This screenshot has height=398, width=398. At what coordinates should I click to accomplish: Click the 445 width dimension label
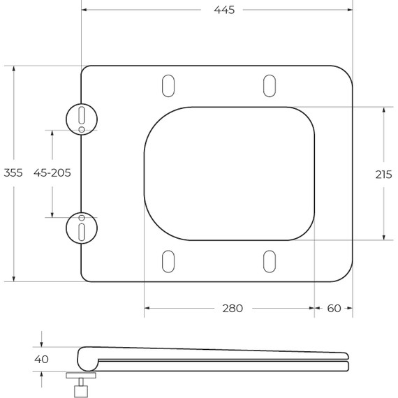click(x=224, y=10)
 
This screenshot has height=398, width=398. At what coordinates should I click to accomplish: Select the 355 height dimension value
click(x=14, y=173)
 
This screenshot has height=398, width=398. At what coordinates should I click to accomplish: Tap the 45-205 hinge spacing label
click(x=52, y=173)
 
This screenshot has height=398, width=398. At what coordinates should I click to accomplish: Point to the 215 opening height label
click(x=383, y=175)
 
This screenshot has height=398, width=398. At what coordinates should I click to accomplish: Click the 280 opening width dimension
click(x=233, y=308)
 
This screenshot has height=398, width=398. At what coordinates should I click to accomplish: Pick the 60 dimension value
click(x=334, y=308)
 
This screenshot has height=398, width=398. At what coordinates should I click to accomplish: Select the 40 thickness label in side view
click(x=41, y=360)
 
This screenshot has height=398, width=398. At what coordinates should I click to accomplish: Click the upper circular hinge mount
click(x=82, y=118)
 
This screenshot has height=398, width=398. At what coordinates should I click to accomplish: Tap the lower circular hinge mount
click(x=82, y=228)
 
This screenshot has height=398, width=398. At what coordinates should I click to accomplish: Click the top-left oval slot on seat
click(x=168, y=85)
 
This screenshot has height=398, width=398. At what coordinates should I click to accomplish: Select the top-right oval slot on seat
click(x=269, y=85)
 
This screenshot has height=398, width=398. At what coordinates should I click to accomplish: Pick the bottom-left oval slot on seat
click(x=168, y=261)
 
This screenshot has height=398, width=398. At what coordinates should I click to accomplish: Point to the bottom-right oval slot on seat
click(x=269, y=261)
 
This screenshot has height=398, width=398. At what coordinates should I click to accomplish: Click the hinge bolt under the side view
click(x=81, y=385)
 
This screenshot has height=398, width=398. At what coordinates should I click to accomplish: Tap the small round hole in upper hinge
click(x=82, y=130)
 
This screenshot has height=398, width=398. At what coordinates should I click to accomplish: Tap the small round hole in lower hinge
click(x=82, y=216)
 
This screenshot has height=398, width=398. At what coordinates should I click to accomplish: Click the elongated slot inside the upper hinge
click(x=82, y=115)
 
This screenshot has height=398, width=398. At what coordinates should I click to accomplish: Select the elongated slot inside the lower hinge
click(x=82, y=231)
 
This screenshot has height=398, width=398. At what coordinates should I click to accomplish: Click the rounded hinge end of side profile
click(x=85, y=359)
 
